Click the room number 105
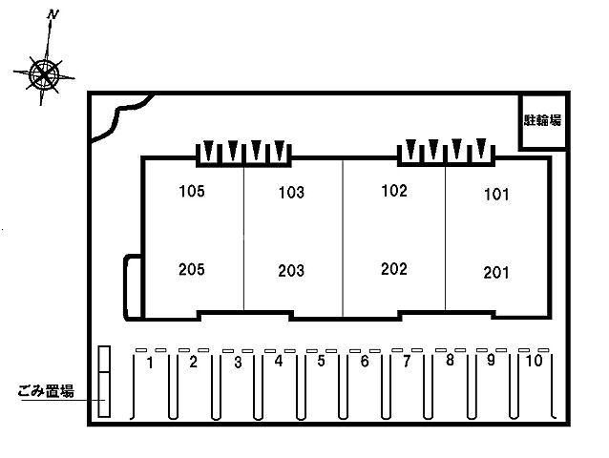coord(192,191)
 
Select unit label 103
coord(291,193)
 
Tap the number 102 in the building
coord(394,191)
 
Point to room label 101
coord(496,194)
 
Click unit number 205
coord(192,269)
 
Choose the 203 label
coord(291,271)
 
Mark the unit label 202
coord(394,269)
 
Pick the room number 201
coord(496,273)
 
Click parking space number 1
coord(150,363)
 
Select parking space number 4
coord(279,361)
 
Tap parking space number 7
coord(407,362)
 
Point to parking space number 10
coord(534,361)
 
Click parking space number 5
coord(321,361)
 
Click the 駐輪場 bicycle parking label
coord(542,120)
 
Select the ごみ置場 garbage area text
coord(46,391)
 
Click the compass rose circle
coord(45,74)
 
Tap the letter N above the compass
coord(52,15)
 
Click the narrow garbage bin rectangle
coord(104,382)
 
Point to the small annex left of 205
coord(133,287)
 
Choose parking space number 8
coord(450,360)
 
